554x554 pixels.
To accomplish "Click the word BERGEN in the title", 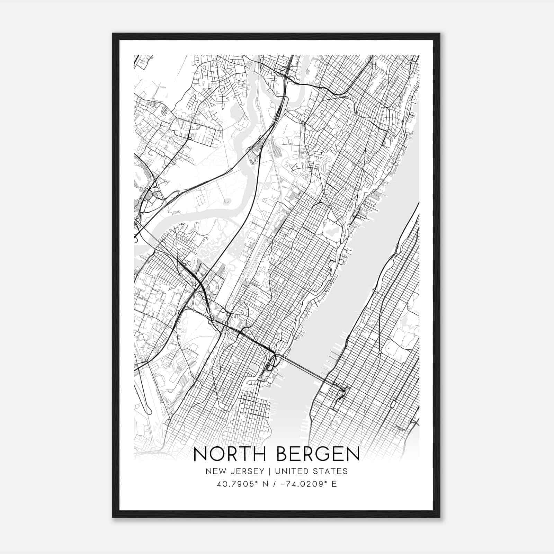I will click(x=318, y=454).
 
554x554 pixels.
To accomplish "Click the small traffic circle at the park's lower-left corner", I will click(x=380, y=352).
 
